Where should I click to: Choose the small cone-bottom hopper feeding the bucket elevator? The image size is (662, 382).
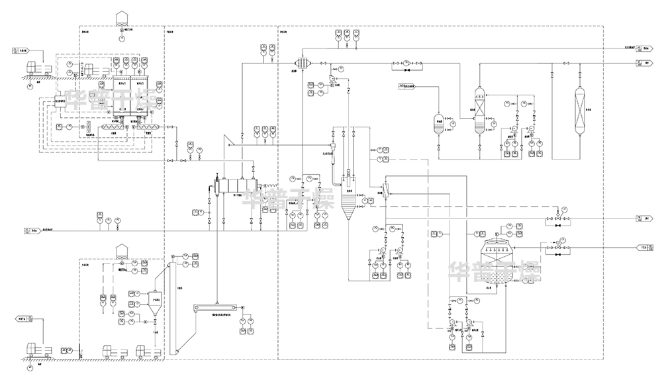point(154,300)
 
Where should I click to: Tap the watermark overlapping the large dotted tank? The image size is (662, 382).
point(495,271)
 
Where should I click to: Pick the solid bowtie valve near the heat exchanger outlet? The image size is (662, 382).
point(406,69)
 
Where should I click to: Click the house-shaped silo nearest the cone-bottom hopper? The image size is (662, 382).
point(121,250)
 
